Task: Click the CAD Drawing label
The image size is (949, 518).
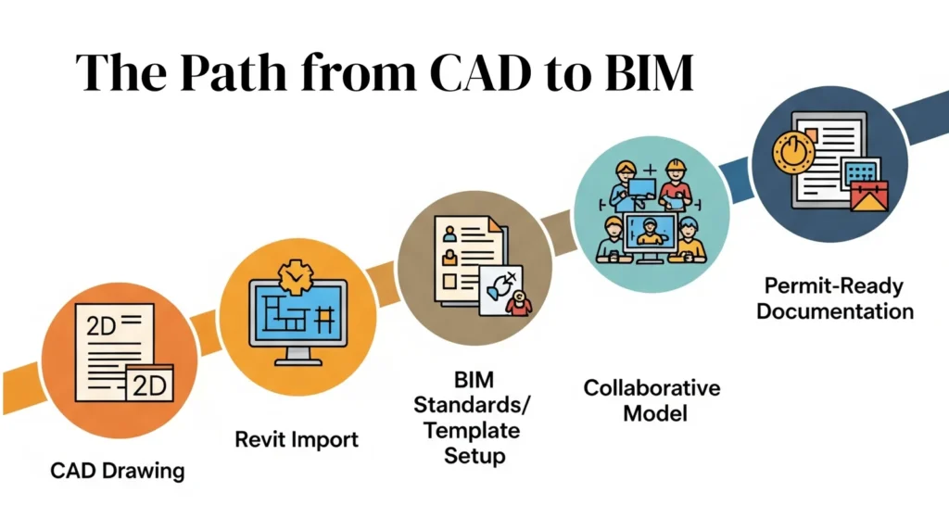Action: pos(118,470)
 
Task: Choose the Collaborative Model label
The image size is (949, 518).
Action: pos(652,399)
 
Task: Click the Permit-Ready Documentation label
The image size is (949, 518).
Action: pos(835,297)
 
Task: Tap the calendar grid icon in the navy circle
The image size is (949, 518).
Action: pos(860,172)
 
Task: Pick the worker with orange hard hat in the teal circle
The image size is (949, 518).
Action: pos(675,184)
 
